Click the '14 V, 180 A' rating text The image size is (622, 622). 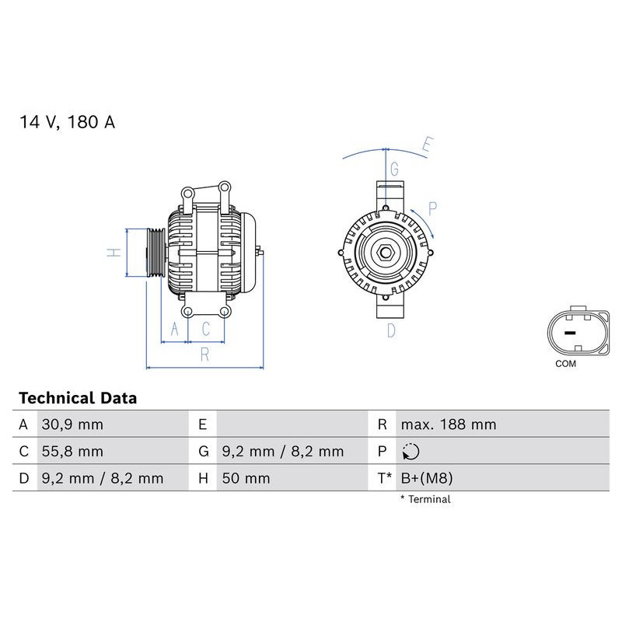click(x=67, y=123)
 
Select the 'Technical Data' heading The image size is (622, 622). click(x=78, y=398)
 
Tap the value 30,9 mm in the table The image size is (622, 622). click(x=72, y=425)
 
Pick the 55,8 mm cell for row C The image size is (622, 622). click(x=72, y=452)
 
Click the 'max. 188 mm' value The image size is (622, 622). click(x=448, y=425)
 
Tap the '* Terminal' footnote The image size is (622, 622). click(x=425, y=499)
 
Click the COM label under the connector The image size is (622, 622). click(x=565, y=364)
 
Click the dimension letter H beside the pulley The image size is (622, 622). click(x=114, y=253)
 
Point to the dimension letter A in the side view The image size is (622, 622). click(x=174, y=330)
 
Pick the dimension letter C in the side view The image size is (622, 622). click(x=205, y=330)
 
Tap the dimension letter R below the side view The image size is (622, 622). click(x=204, y=355)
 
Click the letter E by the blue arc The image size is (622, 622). click(x=426, y=145)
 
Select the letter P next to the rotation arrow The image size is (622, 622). click(x=433, y=208)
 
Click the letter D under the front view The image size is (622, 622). click(x=391, y=330)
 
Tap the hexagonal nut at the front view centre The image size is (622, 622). click(x=386, y=252)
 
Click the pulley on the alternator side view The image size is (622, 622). click(x=155, y=252)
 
